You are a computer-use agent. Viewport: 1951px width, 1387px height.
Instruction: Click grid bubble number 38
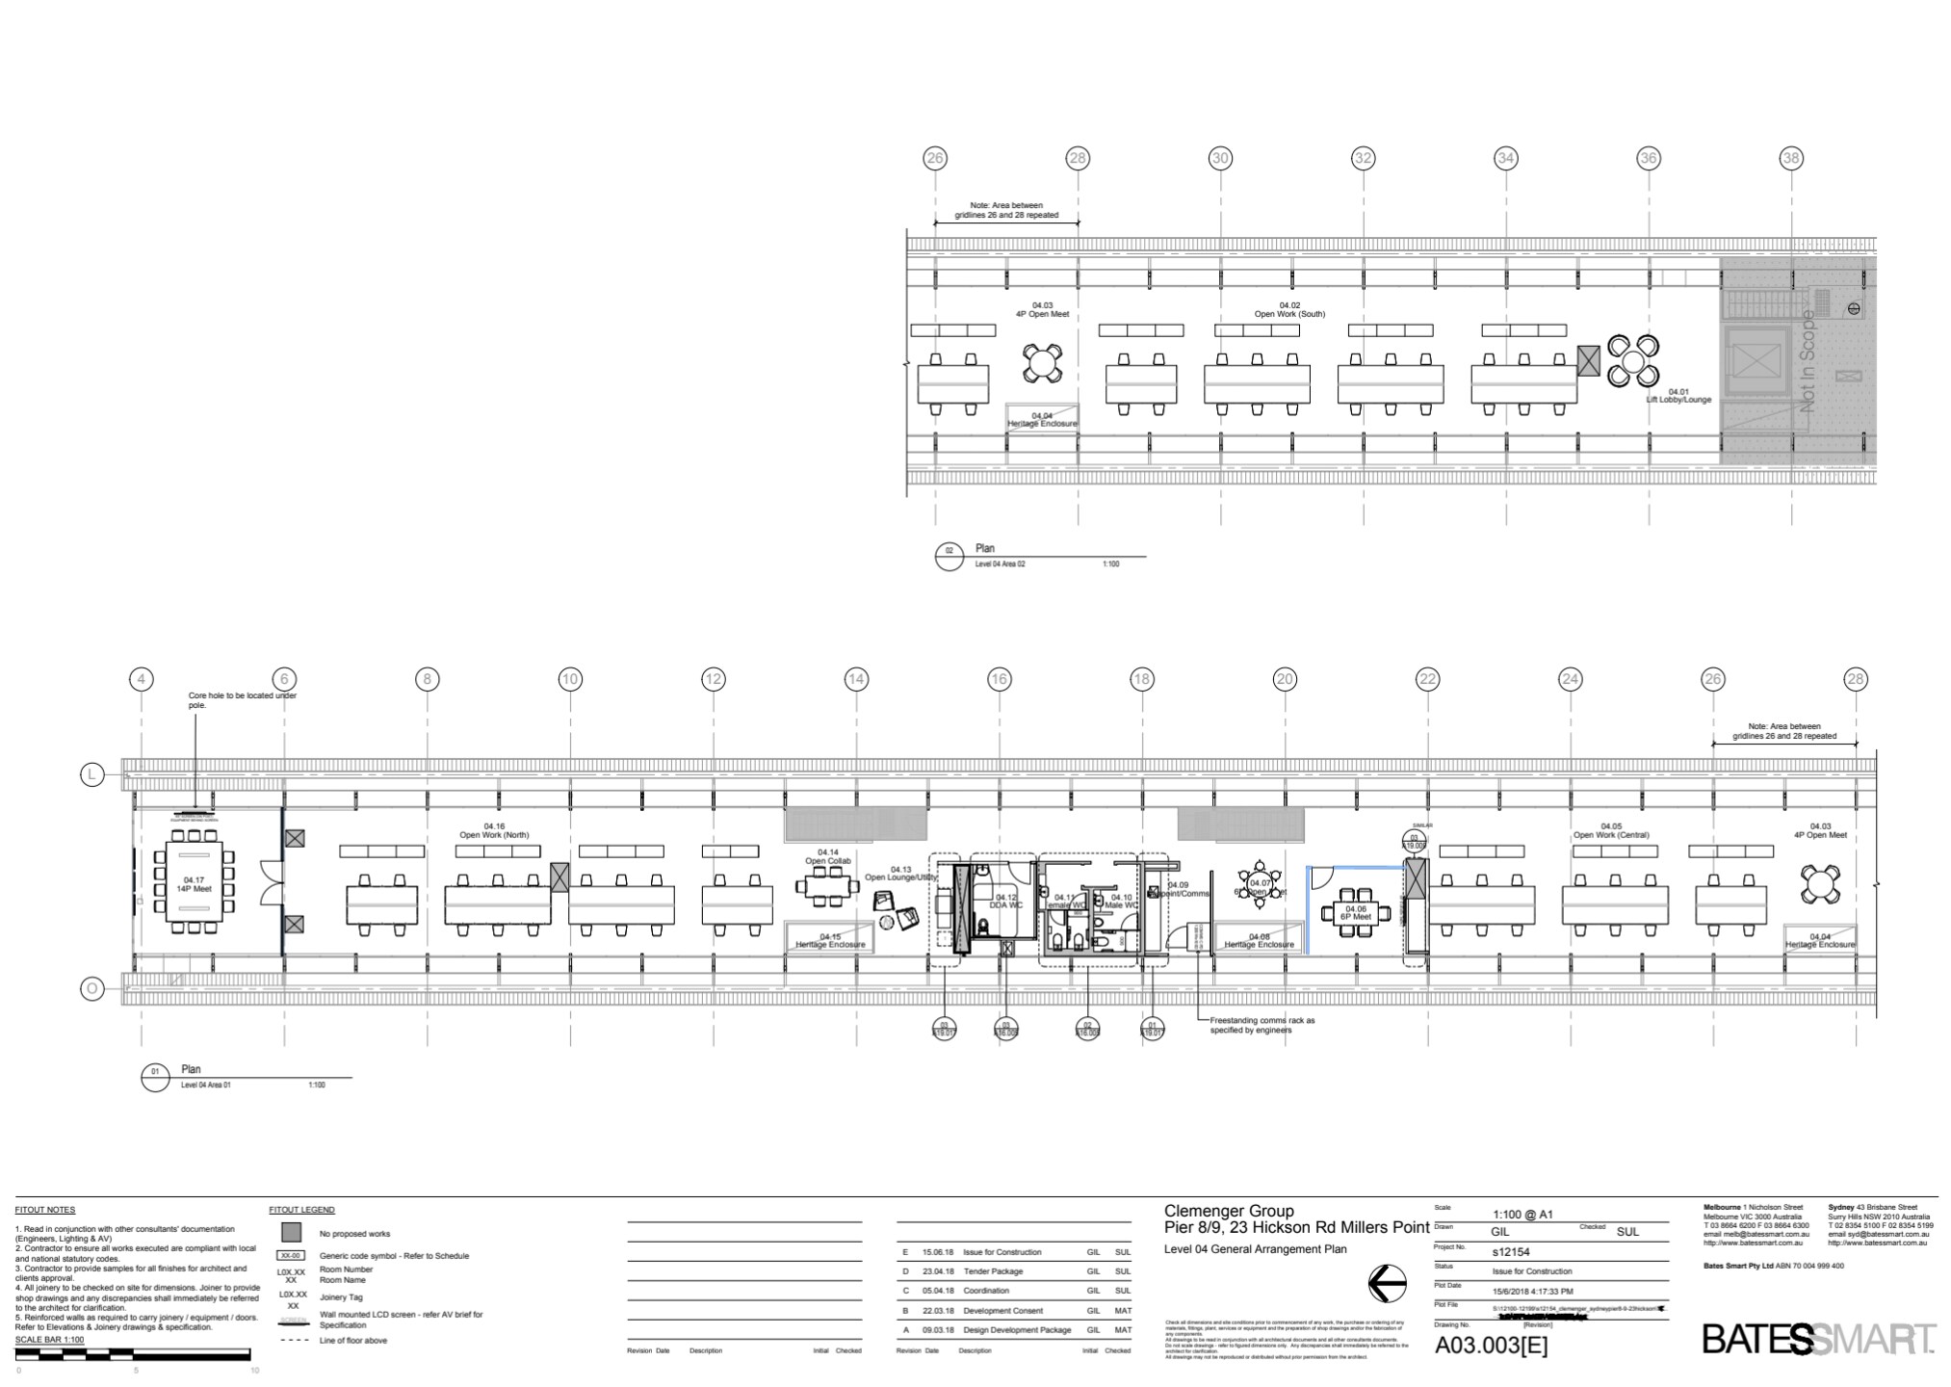coord(1790,158)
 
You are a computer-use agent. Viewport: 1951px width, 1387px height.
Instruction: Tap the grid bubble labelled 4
coord(142,679)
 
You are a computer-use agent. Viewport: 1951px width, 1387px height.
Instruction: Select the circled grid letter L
coord(91,774)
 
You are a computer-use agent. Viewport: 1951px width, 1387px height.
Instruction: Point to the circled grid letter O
coord(91,988)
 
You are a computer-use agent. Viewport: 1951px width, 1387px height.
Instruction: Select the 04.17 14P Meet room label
coord(194,884)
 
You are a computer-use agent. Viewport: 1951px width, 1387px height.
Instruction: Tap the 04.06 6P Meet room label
coord(1355,913)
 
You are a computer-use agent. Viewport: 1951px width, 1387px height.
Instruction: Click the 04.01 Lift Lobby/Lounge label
coord(1678,396)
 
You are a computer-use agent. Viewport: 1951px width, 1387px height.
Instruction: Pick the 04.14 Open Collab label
coord(828,856)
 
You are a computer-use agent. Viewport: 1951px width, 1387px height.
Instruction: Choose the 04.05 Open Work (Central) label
coord(1611,830)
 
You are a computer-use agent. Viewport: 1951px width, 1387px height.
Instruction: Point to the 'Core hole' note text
coord(242,700)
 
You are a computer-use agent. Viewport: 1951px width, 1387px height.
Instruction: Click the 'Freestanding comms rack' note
coord(1262,1025)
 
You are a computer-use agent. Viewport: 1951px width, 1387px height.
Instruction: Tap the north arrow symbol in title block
coord(1387,1283)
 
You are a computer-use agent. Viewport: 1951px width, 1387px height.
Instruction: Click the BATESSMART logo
coord(1818,1340)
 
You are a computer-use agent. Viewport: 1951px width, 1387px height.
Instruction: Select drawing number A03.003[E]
coord(1492,1346)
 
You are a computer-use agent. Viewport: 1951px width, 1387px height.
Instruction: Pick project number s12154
coord(1511,1252)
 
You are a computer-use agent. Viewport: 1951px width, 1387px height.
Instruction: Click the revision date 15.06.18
coord(939,1252)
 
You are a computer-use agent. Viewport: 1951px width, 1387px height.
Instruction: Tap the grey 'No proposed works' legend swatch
coord(291,1233)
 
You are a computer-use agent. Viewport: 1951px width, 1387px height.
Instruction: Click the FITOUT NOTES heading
coord(44,1210)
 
